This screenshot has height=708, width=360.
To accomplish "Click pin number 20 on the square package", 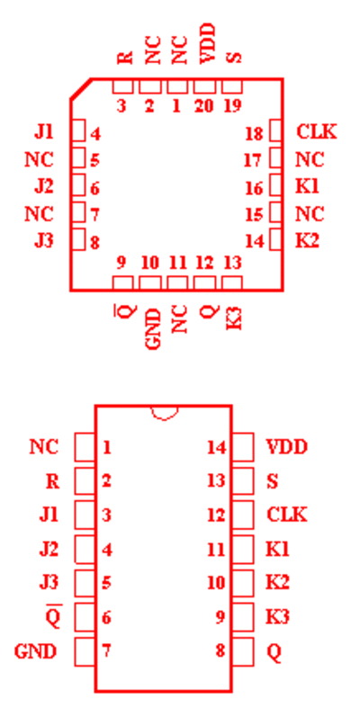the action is click(x=204, y=106).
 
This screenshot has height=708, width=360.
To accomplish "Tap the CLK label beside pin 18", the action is click(x=317, y=132).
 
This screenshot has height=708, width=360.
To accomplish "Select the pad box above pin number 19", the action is click(x=231, y=86).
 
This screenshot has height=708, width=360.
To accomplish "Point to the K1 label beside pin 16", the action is click(x=307, y=186).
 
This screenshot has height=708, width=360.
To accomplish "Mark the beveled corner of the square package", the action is click(x=81, y=88).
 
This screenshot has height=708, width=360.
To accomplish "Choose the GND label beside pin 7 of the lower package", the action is click(x=36, y=651).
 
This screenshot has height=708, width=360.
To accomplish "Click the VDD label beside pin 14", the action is click(x=287, y=447).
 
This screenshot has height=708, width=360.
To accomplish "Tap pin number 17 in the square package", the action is click(x=254, y=160).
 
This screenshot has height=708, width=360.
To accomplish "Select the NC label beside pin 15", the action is click(x=310, y=213).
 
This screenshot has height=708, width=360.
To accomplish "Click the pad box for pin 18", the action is click(x=276, y=130).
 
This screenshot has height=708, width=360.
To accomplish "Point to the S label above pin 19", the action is click(x=235, y=57).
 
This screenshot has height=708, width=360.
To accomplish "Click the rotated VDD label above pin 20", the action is click(x=208, y=44).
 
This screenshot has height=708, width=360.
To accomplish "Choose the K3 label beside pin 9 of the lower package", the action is click(x=278, y=617).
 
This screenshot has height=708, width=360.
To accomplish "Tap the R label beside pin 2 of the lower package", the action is click(x=52, y=482).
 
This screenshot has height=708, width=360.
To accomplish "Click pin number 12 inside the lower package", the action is click(x=216, y=515).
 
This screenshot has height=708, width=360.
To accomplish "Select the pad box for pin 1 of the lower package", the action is click(x=85, y=447).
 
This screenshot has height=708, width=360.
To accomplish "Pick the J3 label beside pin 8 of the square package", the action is click(x=44, y=241).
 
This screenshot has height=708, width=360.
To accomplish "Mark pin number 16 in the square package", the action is click(x=254, y=188).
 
